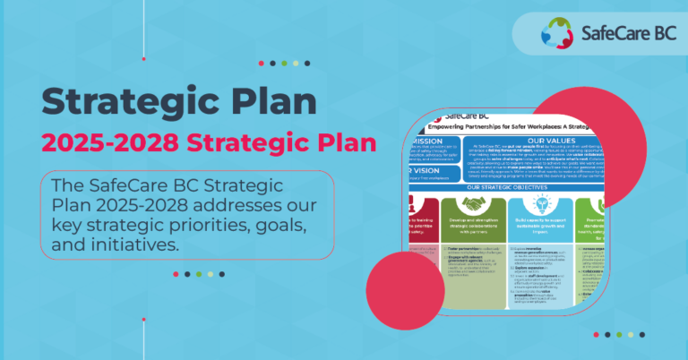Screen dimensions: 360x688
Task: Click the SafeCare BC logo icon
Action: click(555, 35)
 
